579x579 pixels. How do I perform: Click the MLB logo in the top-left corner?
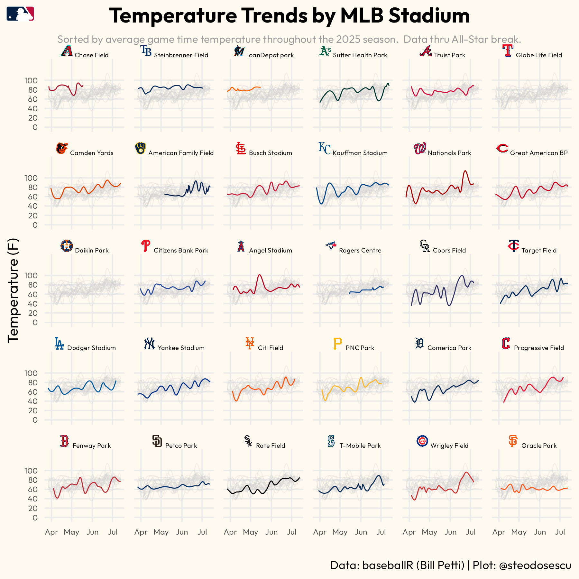20,14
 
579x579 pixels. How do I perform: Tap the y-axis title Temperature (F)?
14,290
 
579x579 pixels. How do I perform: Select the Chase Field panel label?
91,55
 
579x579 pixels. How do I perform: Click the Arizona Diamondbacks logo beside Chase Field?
67,51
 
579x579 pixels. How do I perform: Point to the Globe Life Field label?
539,55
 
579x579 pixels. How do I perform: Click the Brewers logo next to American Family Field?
140,148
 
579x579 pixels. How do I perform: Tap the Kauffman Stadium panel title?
360,153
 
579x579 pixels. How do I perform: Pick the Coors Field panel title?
449,250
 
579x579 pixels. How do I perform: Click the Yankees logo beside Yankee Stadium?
149,344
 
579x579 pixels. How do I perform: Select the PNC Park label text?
360,348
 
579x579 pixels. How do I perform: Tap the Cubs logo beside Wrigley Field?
422,441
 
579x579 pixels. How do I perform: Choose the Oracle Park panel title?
539,446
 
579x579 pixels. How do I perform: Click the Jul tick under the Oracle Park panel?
560,532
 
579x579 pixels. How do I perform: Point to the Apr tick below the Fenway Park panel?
51,532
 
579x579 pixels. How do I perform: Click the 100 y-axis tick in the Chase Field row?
31,80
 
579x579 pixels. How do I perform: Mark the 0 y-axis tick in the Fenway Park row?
35,518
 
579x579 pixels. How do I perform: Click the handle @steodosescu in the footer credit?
535,565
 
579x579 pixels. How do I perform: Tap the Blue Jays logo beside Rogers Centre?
331,246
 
